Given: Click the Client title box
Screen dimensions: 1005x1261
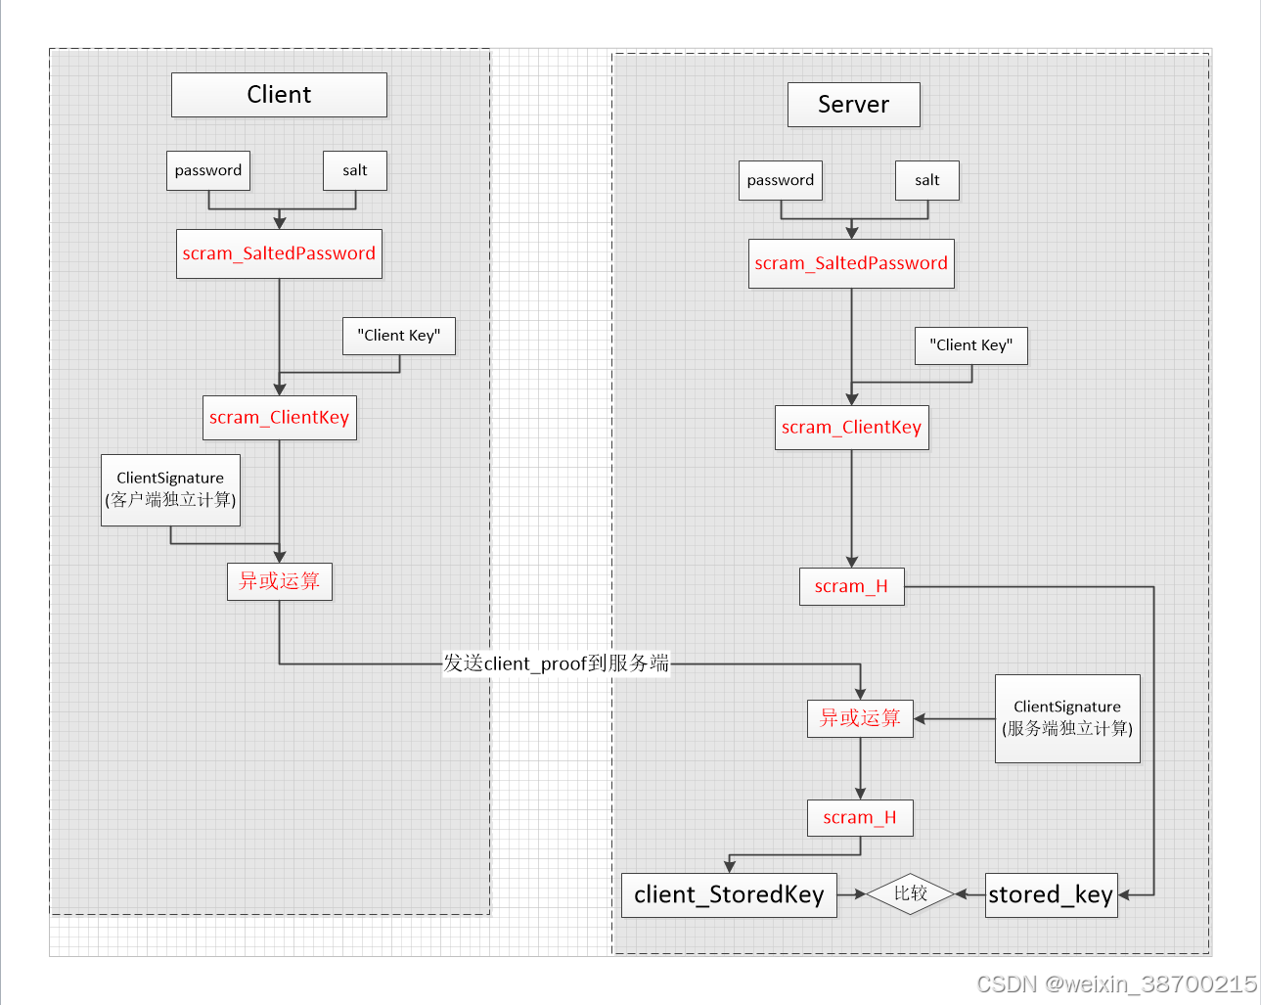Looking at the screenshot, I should coord(279,95).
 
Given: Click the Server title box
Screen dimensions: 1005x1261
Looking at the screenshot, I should coord(853,105).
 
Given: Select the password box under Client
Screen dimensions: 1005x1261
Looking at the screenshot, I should coord(208,170).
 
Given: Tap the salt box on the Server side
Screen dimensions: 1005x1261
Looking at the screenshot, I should coord(926,180).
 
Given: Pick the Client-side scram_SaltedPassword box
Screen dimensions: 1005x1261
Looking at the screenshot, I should coord(279,253).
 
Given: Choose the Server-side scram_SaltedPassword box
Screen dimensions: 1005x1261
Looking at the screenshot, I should coord(851,263).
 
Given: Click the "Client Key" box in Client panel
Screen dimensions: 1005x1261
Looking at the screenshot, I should coord(399,336).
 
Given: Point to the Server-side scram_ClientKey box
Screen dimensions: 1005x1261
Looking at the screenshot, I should coord(851,428).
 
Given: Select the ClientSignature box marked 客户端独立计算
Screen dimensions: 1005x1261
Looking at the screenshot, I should coord(170,489).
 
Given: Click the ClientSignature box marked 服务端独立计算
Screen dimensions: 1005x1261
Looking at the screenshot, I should coord(1067,718).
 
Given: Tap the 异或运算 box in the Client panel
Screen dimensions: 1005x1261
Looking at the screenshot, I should coord(280,581).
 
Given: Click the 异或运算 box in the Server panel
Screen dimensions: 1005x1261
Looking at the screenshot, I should coord(860,718).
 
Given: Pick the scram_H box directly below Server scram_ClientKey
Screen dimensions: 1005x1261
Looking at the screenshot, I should coord(851,586).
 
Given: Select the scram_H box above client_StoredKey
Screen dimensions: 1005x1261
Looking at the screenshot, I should coord(860,817).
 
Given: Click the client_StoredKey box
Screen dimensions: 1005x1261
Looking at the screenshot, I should coord(729,894).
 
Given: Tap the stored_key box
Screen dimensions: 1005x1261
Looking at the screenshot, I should coord(1051,894).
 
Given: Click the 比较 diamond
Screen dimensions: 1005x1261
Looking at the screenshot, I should coord(910,893).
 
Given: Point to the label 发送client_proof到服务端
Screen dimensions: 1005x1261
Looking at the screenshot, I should coord(556,663).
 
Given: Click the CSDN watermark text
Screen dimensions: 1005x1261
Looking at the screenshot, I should coord(1116,983).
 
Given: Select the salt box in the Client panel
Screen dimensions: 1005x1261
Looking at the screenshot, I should coord(355,170).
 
